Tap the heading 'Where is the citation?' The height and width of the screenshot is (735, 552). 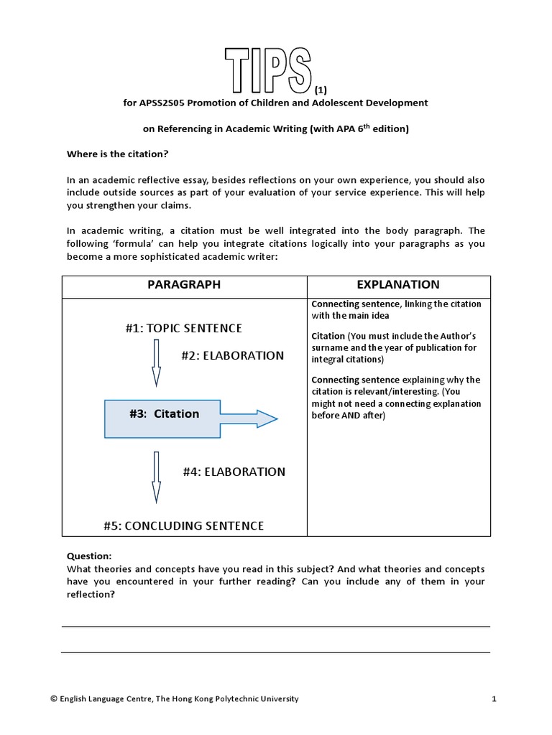coord(117,154)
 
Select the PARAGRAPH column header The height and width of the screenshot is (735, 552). coord(184,285)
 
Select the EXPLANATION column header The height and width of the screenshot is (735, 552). coord(398,285)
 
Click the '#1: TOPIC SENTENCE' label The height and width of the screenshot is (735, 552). coord(183,328)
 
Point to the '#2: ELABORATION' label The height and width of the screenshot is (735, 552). coord(232,355)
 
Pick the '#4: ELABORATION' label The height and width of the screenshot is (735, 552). coord(234,472)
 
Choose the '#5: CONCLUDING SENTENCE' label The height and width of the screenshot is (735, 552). coord(183,525)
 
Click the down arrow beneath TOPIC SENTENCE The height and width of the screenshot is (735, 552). coord(156,364)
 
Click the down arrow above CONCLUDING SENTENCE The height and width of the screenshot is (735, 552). coord(156,477)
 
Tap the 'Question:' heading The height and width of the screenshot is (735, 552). coord(89,556)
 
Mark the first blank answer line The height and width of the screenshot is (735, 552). coord(275,627)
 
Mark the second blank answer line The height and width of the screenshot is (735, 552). coord(275,652)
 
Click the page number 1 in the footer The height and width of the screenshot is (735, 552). coord(494,698)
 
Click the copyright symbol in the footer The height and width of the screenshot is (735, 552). coord(54,698)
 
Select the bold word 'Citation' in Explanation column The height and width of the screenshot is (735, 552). coord(328,336)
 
